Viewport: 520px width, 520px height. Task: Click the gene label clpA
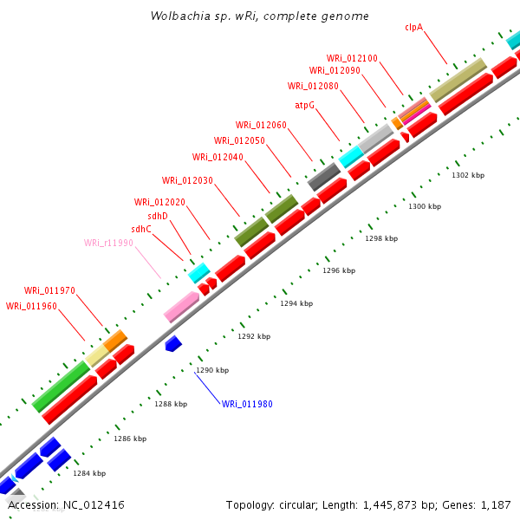point(413,27)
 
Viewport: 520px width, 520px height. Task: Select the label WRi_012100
point(352,58)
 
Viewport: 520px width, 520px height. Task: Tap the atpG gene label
point(304,105)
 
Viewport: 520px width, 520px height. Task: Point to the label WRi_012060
point(261,125)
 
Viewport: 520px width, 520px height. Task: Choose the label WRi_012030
point(187,180)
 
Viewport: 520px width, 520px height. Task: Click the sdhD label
point(158,216)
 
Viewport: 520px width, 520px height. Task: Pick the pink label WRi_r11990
point(108,243)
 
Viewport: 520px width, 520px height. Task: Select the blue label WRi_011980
point(247,404)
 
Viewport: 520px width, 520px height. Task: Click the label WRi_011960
point(31,306)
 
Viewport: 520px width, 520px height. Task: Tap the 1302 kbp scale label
point(468,175)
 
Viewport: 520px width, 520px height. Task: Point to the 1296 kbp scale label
point(339,270)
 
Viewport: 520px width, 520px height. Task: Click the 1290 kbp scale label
point(212,370)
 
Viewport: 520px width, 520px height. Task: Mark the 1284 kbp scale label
point(89,473)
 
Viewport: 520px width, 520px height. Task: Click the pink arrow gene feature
point(182,305)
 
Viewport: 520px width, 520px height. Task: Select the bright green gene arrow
point(61,386)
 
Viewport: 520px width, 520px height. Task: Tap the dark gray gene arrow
point(323,176)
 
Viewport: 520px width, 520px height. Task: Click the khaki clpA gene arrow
point(457,80)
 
